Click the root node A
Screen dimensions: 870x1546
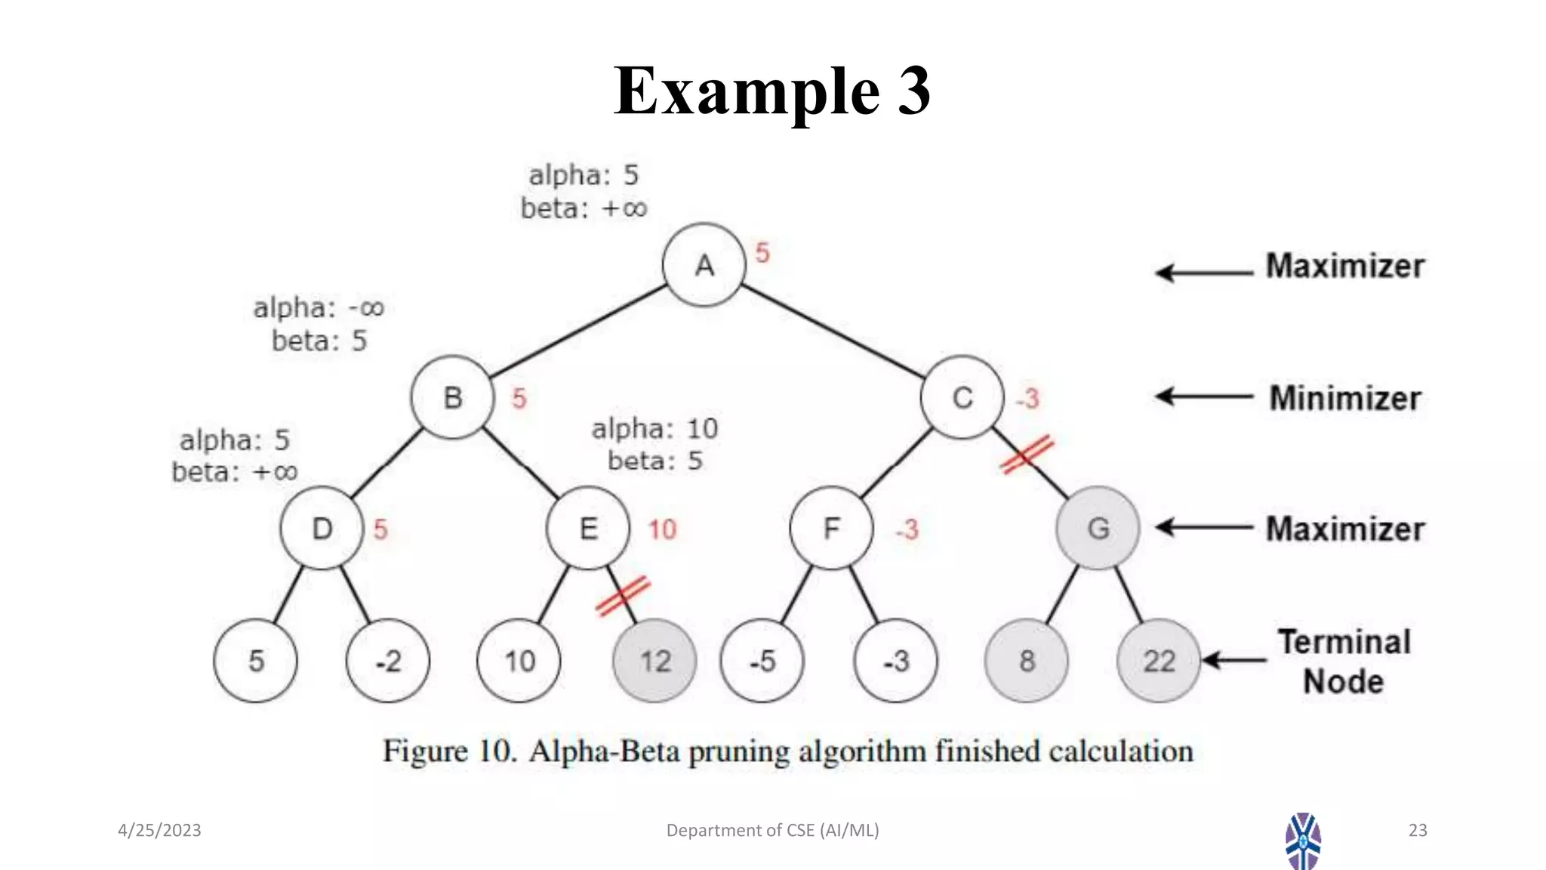pyautogui.click(x=704, y=265)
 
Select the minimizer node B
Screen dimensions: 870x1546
pyautogui.click(x=452, y=397)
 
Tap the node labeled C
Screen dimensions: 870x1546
pyautogui.click(x=962, y=397)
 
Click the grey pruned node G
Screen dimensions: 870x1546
pyautogui.click(x=1098, y=528)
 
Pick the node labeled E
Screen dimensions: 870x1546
pyautogui.click(x=588, y=528)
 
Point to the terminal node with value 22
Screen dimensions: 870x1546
pyautogui.click(x=1158, y=661)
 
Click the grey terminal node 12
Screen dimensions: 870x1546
pyautogui.click(x=654, y=661)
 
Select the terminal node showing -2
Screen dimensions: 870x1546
pyautogui.click(x=388, y=661)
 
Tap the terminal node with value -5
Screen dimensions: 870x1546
pyautogui.click(x=762, y=661)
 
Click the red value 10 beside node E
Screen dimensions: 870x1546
pyautogui.click(x=662, y=529)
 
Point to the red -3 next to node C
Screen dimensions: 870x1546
pyautogui.click(x=1027, y=398)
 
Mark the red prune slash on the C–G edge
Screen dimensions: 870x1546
pyautogui.click(x=1027, y=455)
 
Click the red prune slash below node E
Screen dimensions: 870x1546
pyautogui.click(x=623, y=596)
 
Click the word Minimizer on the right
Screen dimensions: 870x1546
pyautogui.click(x=1344, y=398)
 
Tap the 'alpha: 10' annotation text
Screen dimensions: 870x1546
pyautogui.click(x=654, y=429)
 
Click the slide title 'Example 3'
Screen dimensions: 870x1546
pyautogui.click(x=771, y=91)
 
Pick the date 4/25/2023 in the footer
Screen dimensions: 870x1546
pyautogui.click(x=159, y=830)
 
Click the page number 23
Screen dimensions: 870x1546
pyautogui.click(x=1417, y=830)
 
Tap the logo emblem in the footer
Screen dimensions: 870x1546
pyautogui.click(x=1303, y=841)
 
